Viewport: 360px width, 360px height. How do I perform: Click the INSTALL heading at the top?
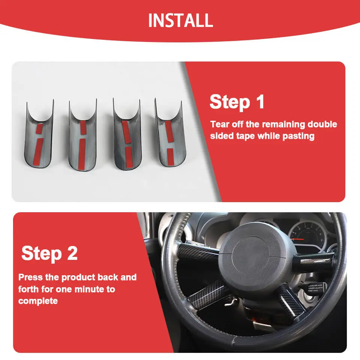pyautogui.click(x=180, y=20)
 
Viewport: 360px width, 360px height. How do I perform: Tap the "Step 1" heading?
pyautogui.click(x=237, y=102)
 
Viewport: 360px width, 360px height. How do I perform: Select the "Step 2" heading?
pyautogui.click(x=49, y=253)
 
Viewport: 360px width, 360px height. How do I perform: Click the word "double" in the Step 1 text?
pyautogui.click(x=322, y=124)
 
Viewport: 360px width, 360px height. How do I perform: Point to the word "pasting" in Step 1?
pyautogui.click(x=298, y=136)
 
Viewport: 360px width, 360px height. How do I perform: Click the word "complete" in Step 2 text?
pyautogui.click(x=38, y=301)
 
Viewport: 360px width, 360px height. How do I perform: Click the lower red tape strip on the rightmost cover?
pyautogui.click(x=170, y=157)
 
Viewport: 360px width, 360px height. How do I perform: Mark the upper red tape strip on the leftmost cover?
pyautogui.click(x=39, y=129)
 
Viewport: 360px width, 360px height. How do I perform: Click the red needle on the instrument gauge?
pyautogui.click(x=298, y=240)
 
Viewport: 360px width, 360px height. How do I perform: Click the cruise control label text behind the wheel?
pyautogui.click(x=315, y=288)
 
